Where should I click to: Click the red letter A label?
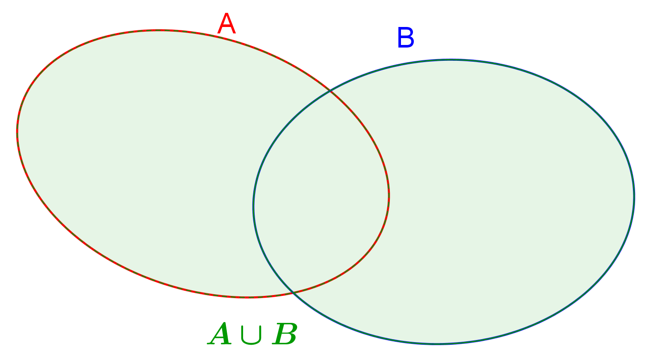(226, 24)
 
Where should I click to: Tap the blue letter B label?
(406, 37)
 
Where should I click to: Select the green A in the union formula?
(220, 334)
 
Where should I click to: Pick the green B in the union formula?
(285, 334)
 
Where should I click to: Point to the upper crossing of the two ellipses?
(330, 91)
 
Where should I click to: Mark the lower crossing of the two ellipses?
(293, 292)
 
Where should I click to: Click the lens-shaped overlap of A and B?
(321, 193)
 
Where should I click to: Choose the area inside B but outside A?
(511, 202)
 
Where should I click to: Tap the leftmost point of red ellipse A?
(17, 133)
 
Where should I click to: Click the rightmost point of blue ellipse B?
(634, 197)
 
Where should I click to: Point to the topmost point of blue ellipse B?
(451, 60)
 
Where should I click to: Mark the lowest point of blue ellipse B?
(437, 344)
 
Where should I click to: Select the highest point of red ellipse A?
(158, 30)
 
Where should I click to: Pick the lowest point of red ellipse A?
(248, 297)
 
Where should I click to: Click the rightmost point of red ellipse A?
(389, 195)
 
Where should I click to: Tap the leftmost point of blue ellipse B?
(253, 206)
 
